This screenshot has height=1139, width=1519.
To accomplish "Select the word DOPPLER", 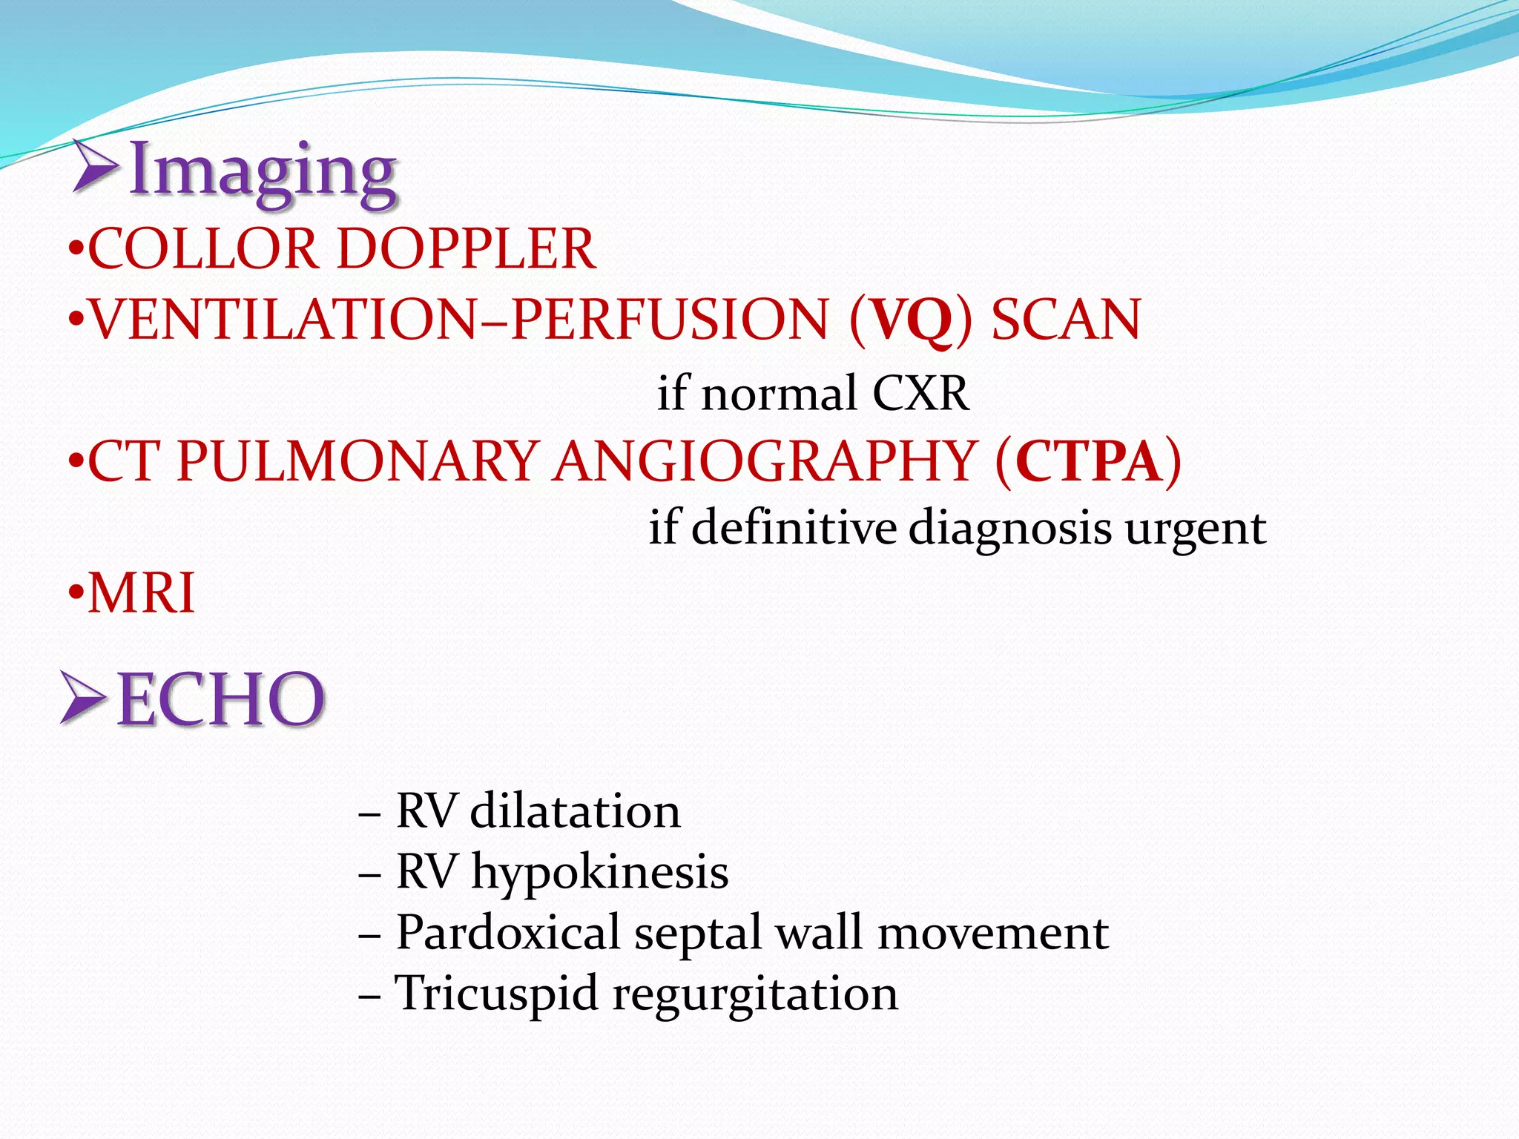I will [466, 249].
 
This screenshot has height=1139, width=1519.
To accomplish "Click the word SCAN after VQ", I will [1066, 320].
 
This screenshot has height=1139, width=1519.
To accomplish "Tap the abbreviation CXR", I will [920, 393].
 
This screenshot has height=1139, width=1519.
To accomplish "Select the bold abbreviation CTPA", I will [1088, 462].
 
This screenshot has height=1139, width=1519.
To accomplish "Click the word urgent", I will [1195, 529].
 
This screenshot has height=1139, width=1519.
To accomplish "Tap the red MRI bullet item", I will [141, 593].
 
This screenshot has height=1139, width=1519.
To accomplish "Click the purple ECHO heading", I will [220, 699].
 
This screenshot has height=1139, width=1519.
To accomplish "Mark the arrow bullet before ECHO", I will [84, 697].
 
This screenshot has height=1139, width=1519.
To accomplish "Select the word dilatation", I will [575, 810].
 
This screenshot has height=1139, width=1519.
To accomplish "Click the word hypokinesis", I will [599, 872].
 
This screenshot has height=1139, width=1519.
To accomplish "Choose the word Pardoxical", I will [508, 932].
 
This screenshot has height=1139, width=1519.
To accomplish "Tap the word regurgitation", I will [754, 994].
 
